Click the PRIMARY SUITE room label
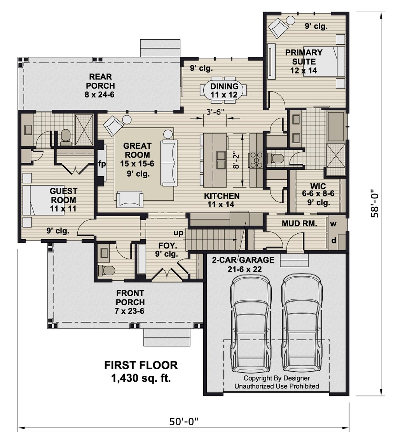point(304,57)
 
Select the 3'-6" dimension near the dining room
point(215,112)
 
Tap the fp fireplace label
point(102,164)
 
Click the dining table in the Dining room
point(224,90)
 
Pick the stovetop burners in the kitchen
point(256,160)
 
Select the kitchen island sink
point(221,160)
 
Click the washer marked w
point(333,224)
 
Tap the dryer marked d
point(333,240)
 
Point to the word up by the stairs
point(178,233)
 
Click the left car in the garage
point(251,323)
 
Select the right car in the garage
point(302,323)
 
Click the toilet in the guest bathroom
point(66,137)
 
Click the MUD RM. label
point(299,224)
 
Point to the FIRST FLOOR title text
point(141,365)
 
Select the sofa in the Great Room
point(169,163)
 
